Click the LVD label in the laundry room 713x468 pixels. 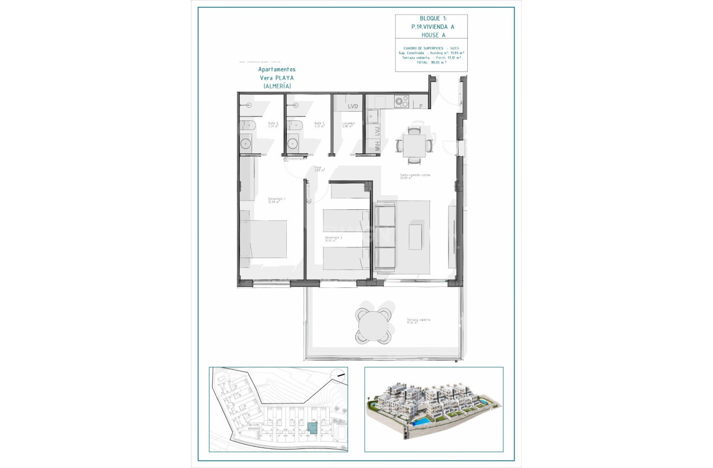tap(353, 107)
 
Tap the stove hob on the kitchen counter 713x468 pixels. tap(401, 101)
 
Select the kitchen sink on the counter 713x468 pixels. tap(373, 116)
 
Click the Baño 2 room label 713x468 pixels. tap(273, 125)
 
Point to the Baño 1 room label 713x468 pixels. tap(319, 125)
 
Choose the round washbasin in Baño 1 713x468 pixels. tap(293, 144)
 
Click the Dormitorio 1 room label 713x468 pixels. tap(277, 200)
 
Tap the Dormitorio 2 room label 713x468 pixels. tap(333, 239)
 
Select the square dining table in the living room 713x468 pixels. tap(414, 145)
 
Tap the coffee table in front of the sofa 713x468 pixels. tap(416, 235)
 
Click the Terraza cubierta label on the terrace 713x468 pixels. tap(418, 320)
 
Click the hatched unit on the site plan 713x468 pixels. tap(313, 427)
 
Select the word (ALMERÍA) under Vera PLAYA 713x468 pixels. tap(277, 86)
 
